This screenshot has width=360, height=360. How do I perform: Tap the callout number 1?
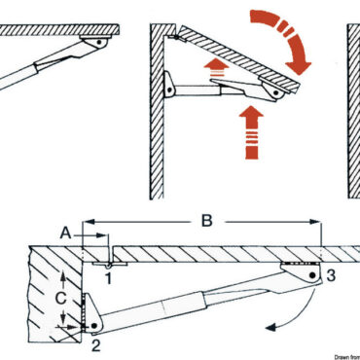pyautogui.click(x=108, y=280)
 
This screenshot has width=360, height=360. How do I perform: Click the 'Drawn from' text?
pyautogui.click(x=337, y=356)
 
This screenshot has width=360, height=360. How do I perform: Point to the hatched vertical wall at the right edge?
pyautogui.click(x=352, y=107)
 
